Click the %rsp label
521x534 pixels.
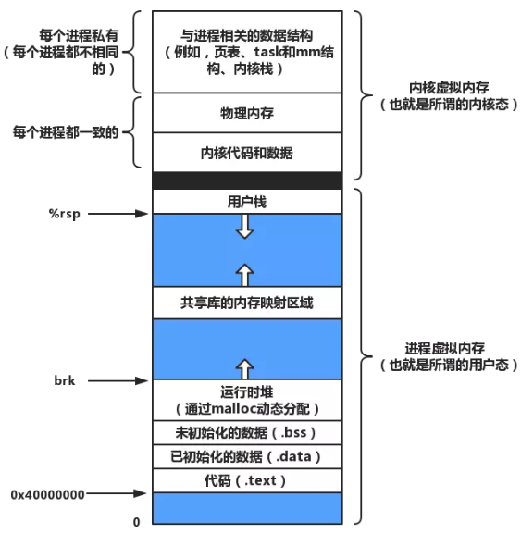pos(65,214)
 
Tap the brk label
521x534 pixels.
pos(65,380)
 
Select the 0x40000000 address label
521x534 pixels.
pos(48,494)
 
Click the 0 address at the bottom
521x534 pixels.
pos(136,522)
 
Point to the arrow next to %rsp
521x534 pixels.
pos(118,214)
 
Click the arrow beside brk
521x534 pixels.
pos(118,380)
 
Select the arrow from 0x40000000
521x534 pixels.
pos(116,493)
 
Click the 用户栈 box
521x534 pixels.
pos(247,202)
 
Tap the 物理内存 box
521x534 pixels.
pos(247,113)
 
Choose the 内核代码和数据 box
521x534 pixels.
pos(247,152)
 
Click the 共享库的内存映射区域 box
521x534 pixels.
pos(247,303)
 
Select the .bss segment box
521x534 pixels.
pos(247,432)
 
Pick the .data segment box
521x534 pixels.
pos(247,456)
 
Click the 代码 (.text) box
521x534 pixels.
pos(247,480)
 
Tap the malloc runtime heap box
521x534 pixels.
pos(247,400)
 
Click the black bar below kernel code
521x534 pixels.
pos(247,180)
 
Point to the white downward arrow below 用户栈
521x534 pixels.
pos(245,227)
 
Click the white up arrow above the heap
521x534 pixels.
pos(245,368)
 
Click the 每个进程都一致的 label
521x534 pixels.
pos(66,132)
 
